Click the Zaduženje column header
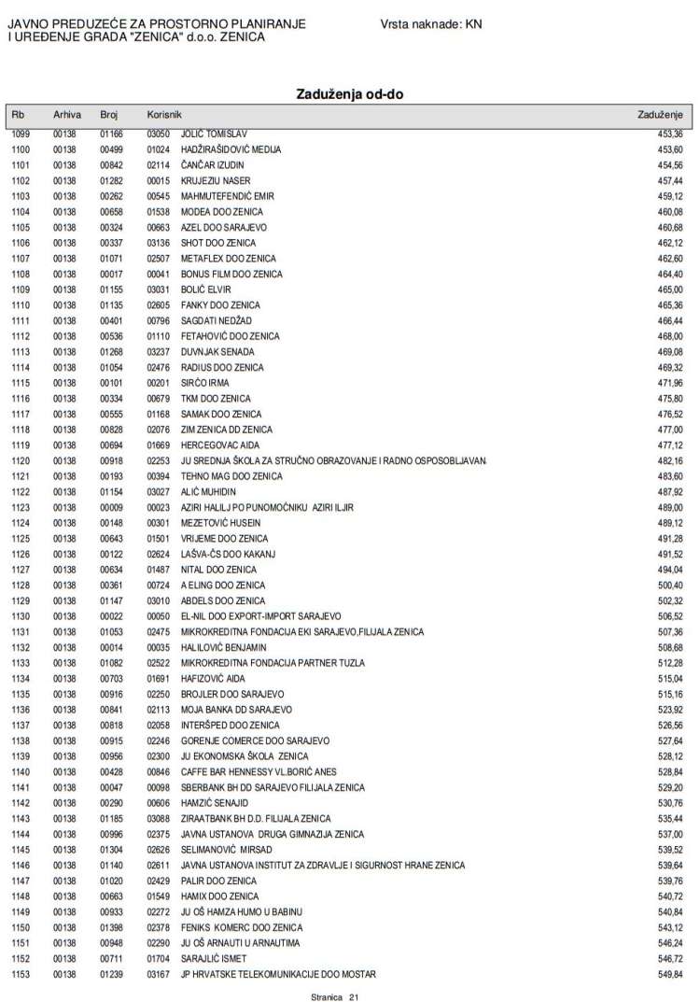(660, 114)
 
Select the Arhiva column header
(67, 114)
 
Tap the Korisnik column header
(163, 114)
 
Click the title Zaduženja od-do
(350, 94)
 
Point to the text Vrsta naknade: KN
(431, 22)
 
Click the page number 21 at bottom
(354, 997)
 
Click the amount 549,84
(670, 974)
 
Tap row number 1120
(21, 460)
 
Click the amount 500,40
(670, 585)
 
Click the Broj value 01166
(111, 134)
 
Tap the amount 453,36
(670, 134)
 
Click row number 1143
(21, 818)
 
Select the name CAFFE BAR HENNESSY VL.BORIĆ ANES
(259, 771)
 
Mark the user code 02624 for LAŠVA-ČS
(158, 554)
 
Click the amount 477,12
(670, 445)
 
